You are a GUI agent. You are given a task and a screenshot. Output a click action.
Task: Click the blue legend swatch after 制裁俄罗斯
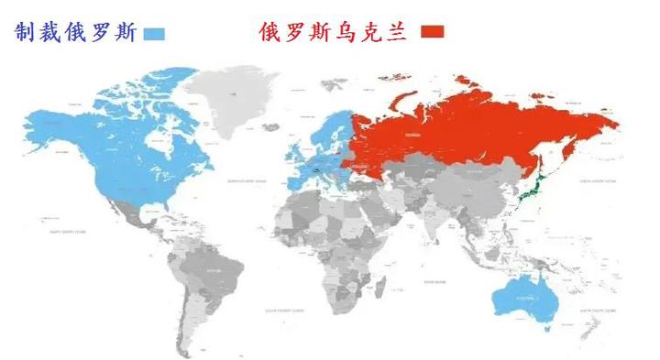pyautogui.click(x=153, y=34)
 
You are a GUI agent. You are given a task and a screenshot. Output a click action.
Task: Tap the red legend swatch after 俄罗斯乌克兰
pyautogui.click(x=432, y=32)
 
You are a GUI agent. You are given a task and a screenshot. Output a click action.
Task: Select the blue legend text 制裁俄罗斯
pyautogui.click(x=76, y=33)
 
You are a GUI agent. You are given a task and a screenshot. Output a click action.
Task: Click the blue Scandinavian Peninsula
pyautogui.click(x=331, y=128)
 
